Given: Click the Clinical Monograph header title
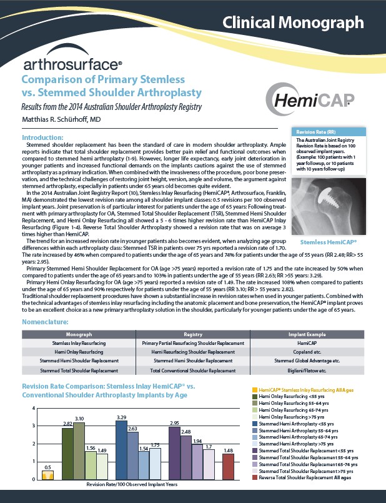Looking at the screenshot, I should [x=293, y=24].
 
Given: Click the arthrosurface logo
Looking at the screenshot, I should [x=72, y=64].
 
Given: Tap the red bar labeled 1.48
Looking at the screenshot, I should [x=229, y=466].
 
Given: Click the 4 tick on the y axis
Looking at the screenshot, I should [x=33, y=408].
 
